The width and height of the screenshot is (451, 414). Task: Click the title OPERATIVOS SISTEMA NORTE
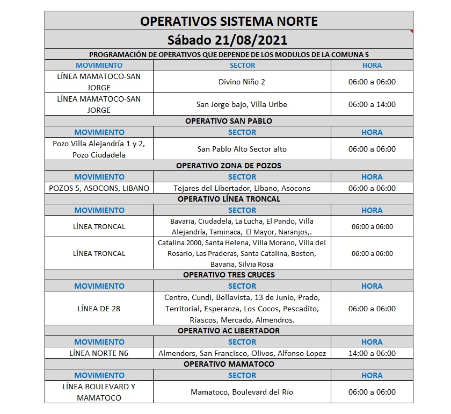(x=229, y=21)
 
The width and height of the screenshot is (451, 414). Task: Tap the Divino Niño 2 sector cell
(x=242, y=82)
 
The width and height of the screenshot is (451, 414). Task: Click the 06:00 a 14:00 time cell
(x=372, y=104)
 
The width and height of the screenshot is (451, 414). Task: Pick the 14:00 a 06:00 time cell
(x=372, y=353)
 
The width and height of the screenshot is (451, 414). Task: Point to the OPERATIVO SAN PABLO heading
(x=229, y=121)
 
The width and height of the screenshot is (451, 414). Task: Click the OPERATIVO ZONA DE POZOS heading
(x=229, y=166)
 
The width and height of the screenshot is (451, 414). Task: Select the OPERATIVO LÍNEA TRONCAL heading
(x=229, y=199)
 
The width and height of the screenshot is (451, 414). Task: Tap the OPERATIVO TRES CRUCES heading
(x=229, y=275)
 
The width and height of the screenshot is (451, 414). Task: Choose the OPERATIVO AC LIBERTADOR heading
(x=229, y=331)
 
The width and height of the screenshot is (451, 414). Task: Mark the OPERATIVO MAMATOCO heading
(x=229, y=364)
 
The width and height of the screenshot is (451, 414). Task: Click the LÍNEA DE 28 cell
(x=99, y=309)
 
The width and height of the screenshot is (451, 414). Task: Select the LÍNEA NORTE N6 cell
(x=99, y=353)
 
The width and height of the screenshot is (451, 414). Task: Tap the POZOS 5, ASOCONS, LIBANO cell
(x=99, y=188)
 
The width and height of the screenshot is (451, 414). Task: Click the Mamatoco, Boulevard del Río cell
(x=242, y=392)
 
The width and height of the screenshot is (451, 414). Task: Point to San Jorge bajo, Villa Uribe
(x=242, y=104)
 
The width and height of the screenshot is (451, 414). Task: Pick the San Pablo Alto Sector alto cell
(x=242, y=149)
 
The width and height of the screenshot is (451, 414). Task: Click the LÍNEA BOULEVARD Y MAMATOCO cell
(x=99, y=392)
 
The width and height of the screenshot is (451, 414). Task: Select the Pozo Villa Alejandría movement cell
(x=99, y=149)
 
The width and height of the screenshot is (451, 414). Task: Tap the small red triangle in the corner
(x=411, y=32)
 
